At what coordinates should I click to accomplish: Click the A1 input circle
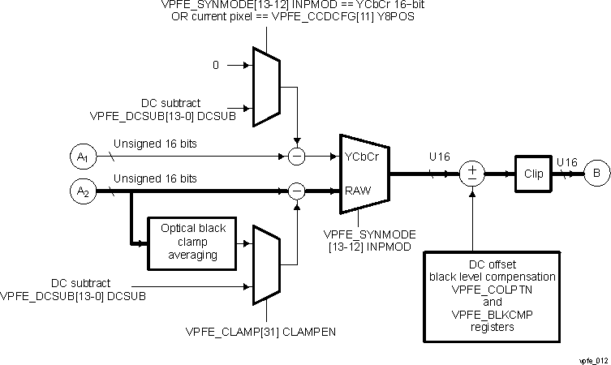pyautogui.click(x=83, y=155)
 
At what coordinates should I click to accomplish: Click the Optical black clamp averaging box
pyautogui.click(x=187, y=243)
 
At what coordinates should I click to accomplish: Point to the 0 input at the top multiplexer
pyautogui.click(x=216, y=64)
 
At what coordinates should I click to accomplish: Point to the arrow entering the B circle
pyautogui.click(x=578, y=172)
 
